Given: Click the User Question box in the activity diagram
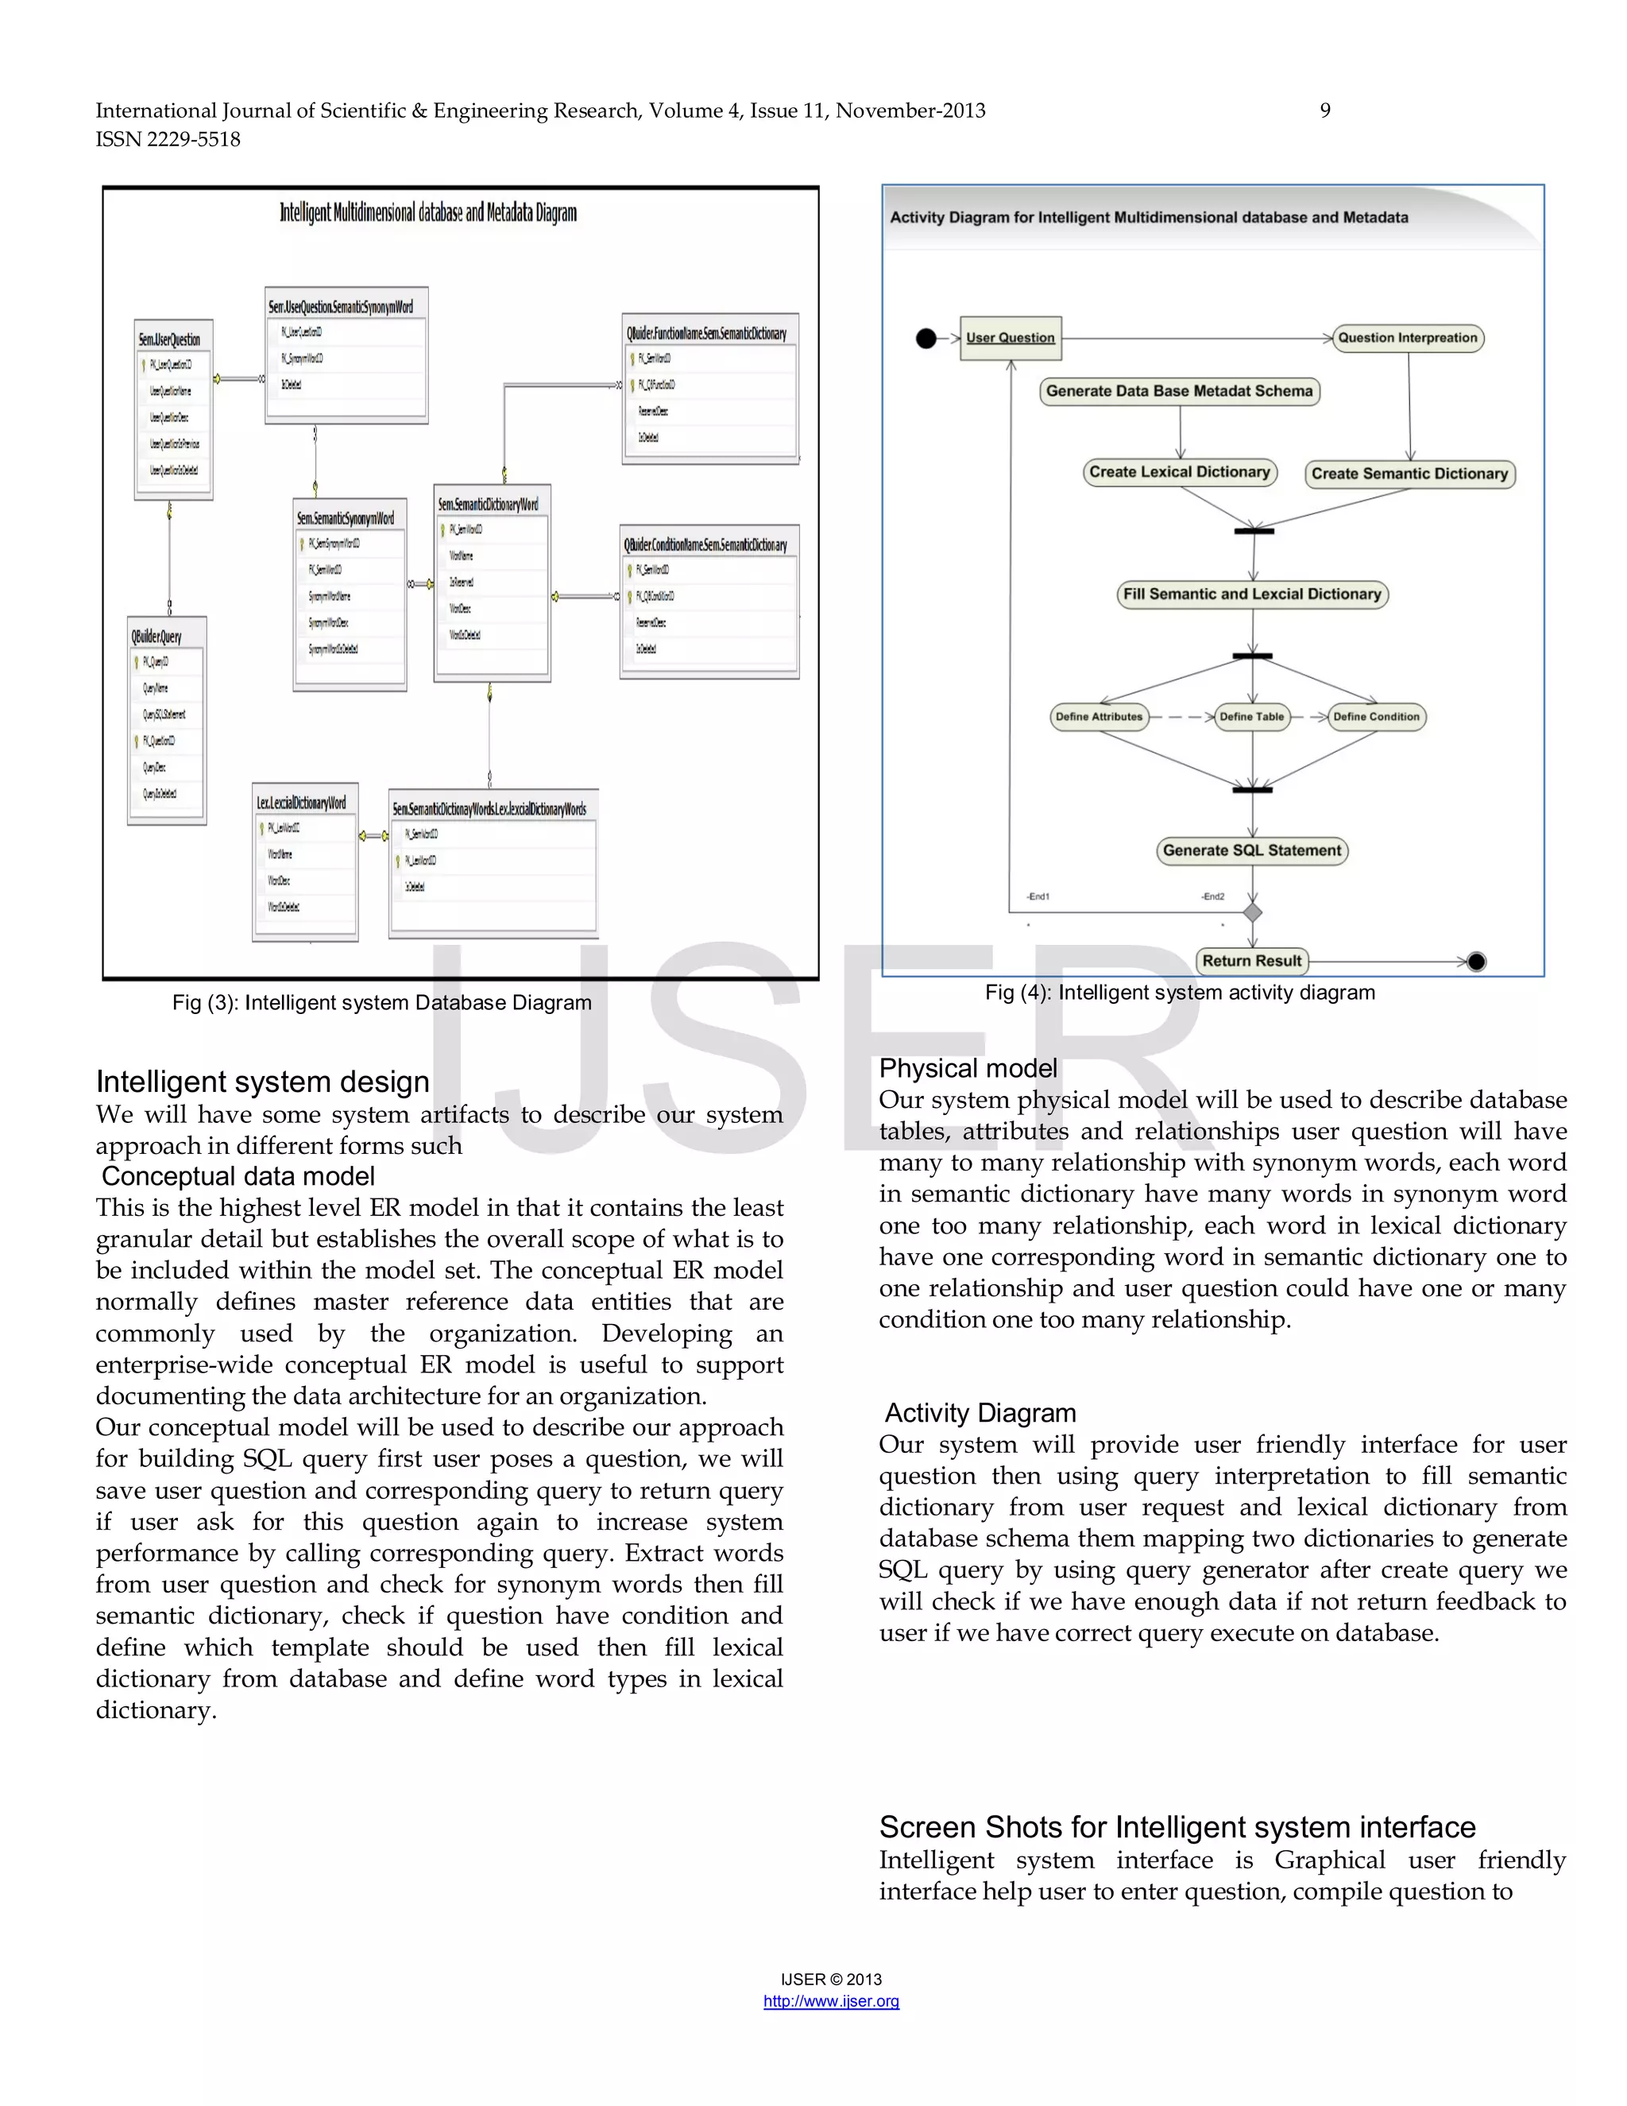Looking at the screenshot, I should point(1011,338).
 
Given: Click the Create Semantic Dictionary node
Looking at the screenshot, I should point(1409,474).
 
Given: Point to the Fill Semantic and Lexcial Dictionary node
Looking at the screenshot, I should point(1252,594).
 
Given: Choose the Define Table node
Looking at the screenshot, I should point(1251,717).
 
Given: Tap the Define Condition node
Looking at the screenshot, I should point(1375,717).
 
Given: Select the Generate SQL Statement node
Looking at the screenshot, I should point(1251,850).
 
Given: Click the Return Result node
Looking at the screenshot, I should point(1251,961).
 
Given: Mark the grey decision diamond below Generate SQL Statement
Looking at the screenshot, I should point(1252,912).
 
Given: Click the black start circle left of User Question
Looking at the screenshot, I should point(926,339).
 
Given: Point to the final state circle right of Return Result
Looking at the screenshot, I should point(1476,962).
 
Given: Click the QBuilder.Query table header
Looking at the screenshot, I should point(157,637).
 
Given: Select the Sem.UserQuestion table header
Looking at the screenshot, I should point(170,339).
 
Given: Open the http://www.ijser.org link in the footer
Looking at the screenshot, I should point(831,2001).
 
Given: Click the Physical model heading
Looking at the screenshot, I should point(968,1068).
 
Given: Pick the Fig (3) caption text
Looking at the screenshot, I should point(381,1003).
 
